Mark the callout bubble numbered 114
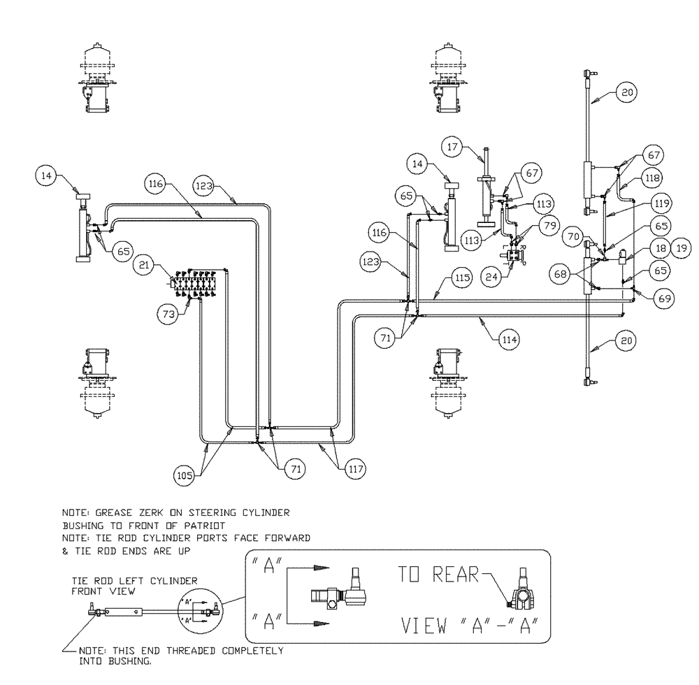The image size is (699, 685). point(509,340)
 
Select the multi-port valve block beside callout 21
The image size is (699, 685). point(200,282)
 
